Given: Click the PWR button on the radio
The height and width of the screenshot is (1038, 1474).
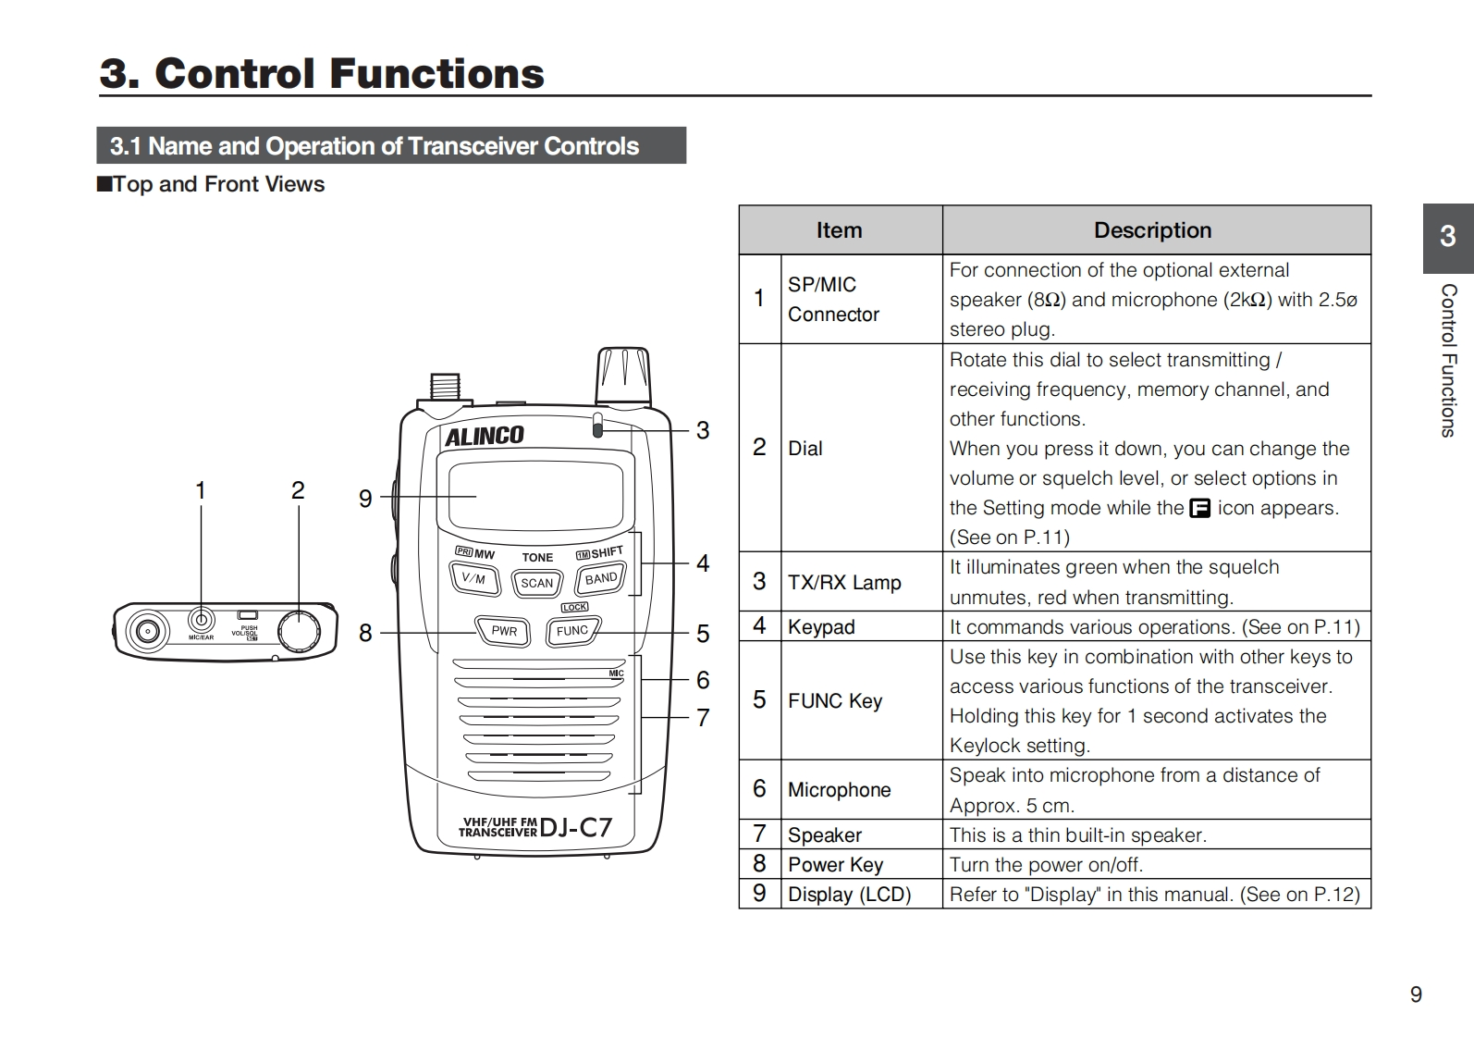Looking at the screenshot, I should pos(503,631).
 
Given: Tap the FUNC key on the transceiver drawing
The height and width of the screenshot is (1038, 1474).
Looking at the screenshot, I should pos(571,631).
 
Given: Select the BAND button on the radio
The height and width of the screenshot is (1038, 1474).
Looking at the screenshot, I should pos(601,578).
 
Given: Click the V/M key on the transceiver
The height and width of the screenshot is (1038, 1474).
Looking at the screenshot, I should pos(473,579).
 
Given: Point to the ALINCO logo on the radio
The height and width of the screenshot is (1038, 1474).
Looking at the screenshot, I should pos(485,436).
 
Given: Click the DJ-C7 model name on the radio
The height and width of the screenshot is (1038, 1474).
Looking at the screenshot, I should pos(575,826).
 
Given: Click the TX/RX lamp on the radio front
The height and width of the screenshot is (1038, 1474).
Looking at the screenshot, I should pos(597,426).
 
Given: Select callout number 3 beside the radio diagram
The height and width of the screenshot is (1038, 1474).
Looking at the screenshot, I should pos(703,430).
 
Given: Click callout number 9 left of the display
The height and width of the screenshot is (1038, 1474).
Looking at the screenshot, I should pos(365,499).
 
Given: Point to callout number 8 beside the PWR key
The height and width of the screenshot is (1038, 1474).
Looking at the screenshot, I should pos(365,633).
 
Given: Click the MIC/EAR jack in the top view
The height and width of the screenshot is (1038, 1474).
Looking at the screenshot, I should pos(201,620).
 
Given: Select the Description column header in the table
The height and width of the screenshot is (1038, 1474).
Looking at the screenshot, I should pos(1152,230).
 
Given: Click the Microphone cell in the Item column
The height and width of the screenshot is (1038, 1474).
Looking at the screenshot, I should pos(839,789).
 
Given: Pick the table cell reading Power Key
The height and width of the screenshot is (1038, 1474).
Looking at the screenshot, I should pos(835,864).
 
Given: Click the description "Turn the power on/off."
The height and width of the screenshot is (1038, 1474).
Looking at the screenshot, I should pos(1046,864).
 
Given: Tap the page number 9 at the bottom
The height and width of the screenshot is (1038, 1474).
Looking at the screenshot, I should pos(1416,995).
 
